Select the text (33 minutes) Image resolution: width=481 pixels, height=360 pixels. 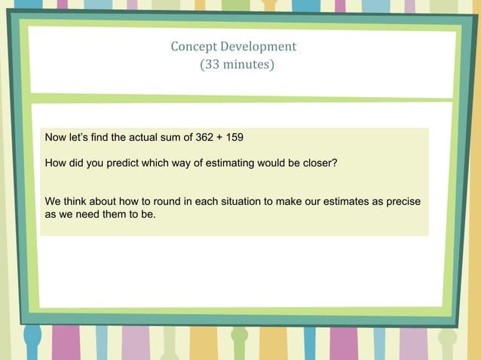pos(237,65)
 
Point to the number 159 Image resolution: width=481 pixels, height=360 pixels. pos(234,138)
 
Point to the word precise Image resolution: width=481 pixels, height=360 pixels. pos(401,202)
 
